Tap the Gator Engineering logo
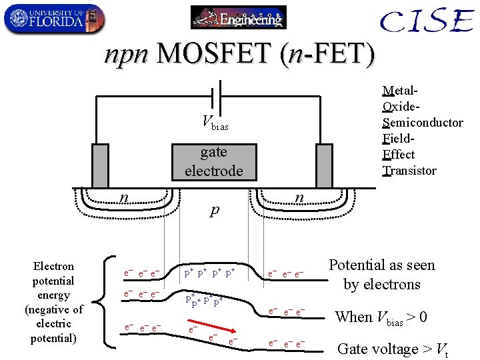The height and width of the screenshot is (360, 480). tap(238, 17)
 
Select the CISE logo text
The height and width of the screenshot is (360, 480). tap(426, 21)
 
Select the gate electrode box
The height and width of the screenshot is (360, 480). tap(213, 161)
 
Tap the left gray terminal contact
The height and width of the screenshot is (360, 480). tap(100, 162)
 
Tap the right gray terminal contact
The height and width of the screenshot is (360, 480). tap(324, 162)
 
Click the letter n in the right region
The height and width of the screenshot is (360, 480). tap(300, 197)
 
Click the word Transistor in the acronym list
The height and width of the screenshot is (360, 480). tap(409, 171)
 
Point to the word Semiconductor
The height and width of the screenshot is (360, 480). tap(423, 122)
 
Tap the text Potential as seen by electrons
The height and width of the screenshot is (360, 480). tap(381, 275)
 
